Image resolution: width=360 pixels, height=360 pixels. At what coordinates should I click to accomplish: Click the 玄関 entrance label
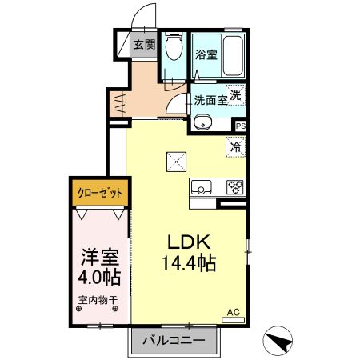pos(144,45)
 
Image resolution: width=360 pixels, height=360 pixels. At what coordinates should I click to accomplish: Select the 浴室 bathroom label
pos(206,55)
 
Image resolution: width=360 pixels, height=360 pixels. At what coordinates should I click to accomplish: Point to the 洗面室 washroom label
pos(209,101)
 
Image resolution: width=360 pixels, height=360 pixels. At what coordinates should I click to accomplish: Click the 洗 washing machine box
pos(235,94)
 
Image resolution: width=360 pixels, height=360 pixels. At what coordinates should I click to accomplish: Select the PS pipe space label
pos(240,125)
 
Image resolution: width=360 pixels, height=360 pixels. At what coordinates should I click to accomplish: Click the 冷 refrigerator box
pos(235,146)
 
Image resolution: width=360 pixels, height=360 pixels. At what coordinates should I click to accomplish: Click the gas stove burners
pos(235,188)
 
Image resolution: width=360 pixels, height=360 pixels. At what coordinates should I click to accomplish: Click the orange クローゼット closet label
pos(100,191)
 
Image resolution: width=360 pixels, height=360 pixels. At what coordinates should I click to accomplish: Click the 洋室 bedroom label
pos(100,258)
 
